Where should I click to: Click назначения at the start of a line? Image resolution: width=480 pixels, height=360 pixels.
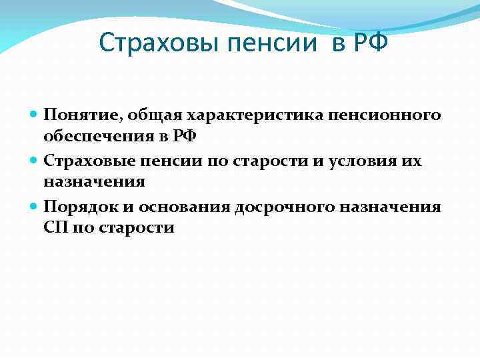click(94, 183)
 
